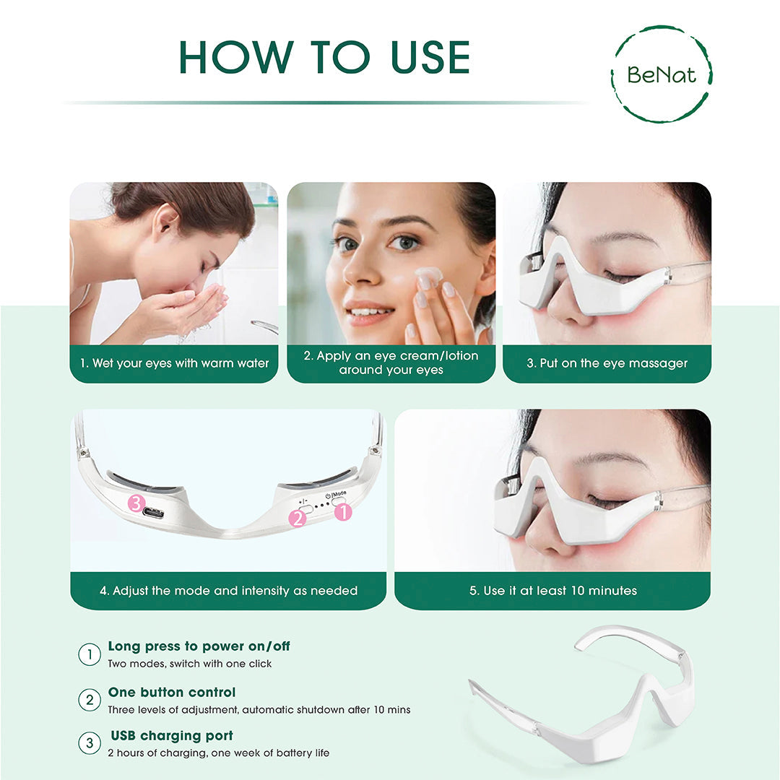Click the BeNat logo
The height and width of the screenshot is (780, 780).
pyautogui.click(x=661, y=74)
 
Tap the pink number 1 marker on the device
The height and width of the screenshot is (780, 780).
pyautogui.click(x=342, y=512)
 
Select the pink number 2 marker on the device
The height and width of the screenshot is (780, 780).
pyautogui.click(x=298, y=518)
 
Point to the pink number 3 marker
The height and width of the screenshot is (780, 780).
pyautogui.click(x=136, y=503)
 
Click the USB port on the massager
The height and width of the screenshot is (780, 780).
pyautogui.click(x=153, y=513)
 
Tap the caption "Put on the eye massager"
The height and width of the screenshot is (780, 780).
pyautogui.click(x=607, y=363)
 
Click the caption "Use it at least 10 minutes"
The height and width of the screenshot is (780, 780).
pyautogui.click(x=552, y=590)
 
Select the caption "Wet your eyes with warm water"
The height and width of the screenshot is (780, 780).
pyautogui.click(x=174, y=363)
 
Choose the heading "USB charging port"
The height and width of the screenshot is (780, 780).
pyautogui.click(x=172, y=736)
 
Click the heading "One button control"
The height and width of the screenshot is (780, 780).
pyautogui.click(x=172, y=692)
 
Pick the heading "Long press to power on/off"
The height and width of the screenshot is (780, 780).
pyautogui.click(x=199, y=646)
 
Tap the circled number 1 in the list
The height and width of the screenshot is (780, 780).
pyautogui.click(x=89, y=654)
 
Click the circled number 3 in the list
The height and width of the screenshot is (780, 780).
pyautogui.click(x=89, y=744)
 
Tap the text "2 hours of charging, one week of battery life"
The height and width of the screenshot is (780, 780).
pyautogui.click(x=218, y=753)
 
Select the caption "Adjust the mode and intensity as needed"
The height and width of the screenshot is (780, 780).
pyautogui.click(x=228, y=590)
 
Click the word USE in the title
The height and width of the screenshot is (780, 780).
pyautogui.click(x=430, y=58)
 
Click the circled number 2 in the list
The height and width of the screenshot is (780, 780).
pyautogui.click(x=89, y=700)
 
